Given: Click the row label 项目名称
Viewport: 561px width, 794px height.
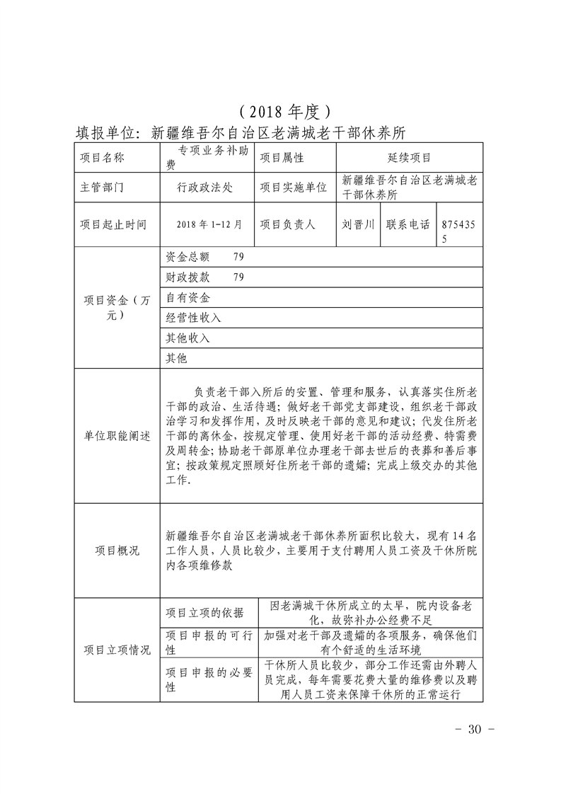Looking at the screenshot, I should click(103, 158).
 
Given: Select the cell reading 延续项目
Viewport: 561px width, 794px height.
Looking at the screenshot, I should click(410, 158).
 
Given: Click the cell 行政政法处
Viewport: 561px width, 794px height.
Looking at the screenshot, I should click(206, 188).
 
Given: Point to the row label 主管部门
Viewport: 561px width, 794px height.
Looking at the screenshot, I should click(103, 188).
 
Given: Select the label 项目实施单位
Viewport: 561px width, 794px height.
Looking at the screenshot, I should click(293, 188).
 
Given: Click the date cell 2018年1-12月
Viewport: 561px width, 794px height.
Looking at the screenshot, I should click(206, 224).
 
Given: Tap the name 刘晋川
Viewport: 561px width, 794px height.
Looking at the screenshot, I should click(358, 224).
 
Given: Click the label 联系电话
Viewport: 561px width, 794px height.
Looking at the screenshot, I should click(408, 224).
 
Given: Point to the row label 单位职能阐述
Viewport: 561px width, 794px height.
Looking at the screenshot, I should click(117, 436).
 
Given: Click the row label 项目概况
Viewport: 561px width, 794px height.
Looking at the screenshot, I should click(117, 550).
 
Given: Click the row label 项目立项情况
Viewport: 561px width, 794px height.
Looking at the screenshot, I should click(117, 650).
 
